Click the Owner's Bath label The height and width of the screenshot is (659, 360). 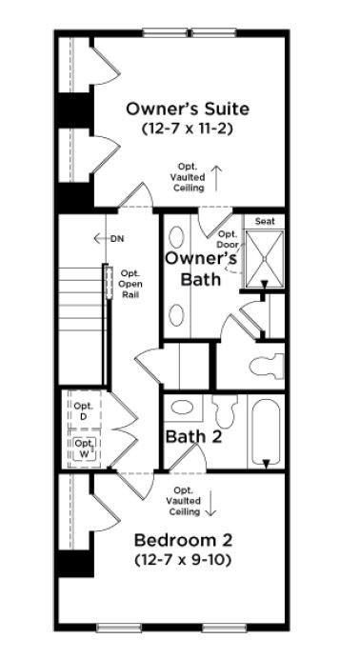coord(201,268)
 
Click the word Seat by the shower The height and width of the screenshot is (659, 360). coord(264,221)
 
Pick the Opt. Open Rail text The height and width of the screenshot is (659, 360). coord(130,285)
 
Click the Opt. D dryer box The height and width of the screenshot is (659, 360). coord(83,412)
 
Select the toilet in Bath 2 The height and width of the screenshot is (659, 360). coord(226,413)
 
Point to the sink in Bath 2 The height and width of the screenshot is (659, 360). coord(180,409)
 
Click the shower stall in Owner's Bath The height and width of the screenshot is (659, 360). coord(266,259)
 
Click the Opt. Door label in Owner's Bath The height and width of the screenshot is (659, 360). coord(228,240)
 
